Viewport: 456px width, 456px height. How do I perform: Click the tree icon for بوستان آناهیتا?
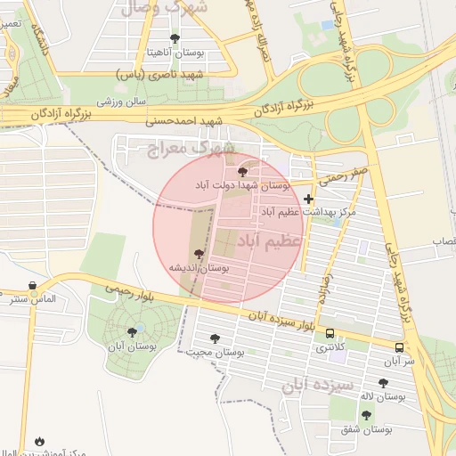174,38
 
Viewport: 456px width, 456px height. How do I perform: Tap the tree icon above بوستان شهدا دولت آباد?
243,171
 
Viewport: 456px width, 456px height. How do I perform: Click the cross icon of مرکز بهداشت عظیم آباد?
309,199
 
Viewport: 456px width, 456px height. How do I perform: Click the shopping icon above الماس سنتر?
34,286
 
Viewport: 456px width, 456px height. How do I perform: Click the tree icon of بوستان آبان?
132,332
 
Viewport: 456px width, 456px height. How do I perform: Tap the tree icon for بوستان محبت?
214,338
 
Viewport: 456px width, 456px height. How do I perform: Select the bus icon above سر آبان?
399,347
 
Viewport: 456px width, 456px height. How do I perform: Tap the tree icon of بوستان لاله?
384,383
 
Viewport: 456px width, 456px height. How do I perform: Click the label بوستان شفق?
366,430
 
